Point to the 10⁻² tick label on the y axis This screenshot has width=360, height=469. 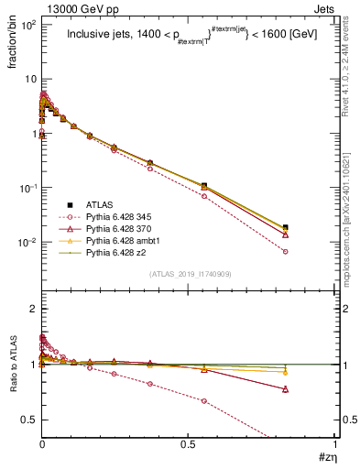(x=27, y=243)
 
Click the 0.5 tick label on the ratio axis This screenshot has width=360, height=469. (x=27, y=419)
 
